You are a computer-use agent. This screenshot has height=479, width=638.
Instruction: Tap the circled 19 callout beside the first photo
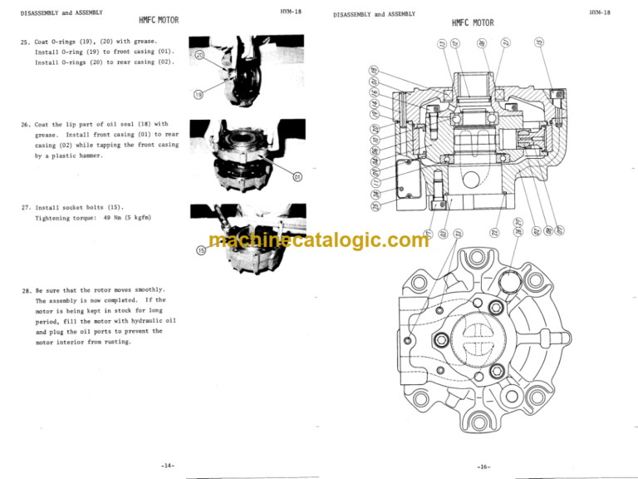click(x=198, y=95)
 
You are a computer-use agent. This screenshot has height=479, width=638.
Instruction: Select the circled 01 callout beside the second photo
click(x=297, y=176)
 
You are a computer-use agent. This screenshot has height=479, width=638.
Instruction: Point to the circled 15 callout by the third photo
click(x=199, y=249)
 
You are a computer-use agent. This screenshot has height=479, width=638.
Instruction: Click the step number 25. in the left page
click(x=26, y=40)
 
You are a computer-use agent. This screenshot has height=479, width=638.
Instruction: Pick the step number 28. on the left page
click(x=26, y=289)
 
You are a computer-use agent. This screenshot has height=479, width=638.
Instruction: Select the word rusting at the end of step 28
click(x=114, y=342)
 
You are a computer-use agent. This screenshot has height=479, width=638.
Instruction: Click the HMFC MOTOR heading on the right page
click(x=473, y=23)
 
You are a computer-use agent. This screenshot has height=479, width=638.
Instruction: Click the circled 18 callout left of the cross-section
click(x=375, y=70)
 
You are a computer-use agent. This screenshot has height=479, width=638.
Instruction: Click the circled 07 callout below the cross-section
click(x=560, y=230)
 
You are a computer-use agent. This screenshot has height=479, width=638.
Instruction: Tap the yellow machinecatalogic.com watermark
click(x=319, y=240)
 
